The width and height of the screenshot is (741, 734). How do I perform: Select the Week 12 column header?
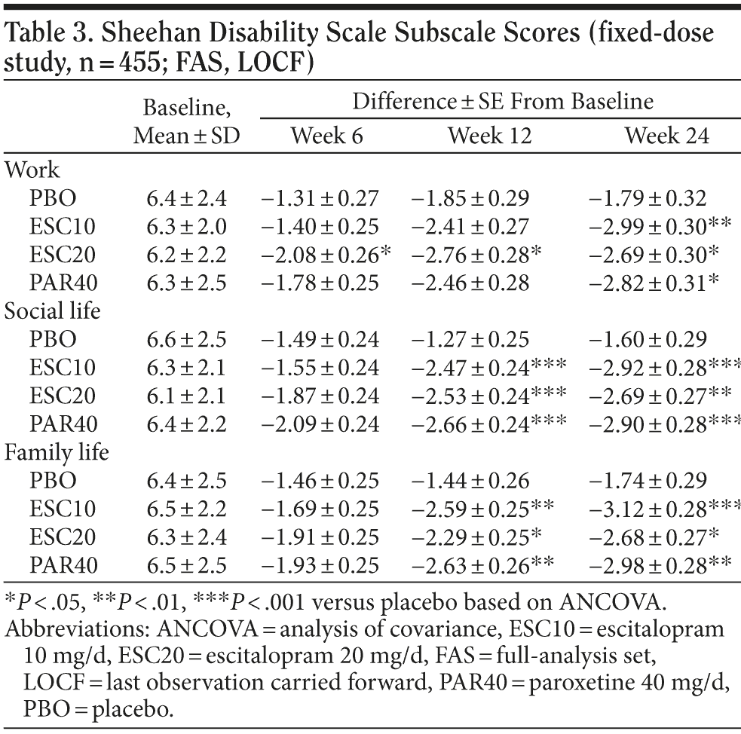click(489, 136)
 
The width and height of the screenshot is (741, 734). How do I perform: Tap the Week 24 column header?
click(656, 136)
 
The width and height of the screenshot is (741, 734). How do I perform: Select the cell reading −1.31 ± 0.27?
click(320, 198)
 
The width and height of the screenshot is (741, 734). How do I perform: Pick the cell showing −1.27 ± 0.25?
click(471, 339)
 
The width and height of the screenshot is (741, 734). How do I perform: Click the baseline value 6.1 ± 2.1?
click(186, 396)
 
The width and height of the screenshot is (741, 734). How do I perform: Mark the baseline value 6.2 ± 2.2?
click(186, 255)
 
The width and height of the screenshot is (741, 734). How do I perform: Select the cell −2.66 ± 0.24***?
click(488, 425)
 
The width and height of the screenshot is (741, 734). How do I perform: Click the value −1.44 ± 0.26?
click(471, 482)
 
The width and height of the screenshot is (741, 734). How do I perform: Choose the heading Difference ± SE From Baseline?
click(503, 101)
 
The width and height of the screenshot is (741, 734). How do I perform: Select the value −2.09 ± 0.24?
click(320, 425)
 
